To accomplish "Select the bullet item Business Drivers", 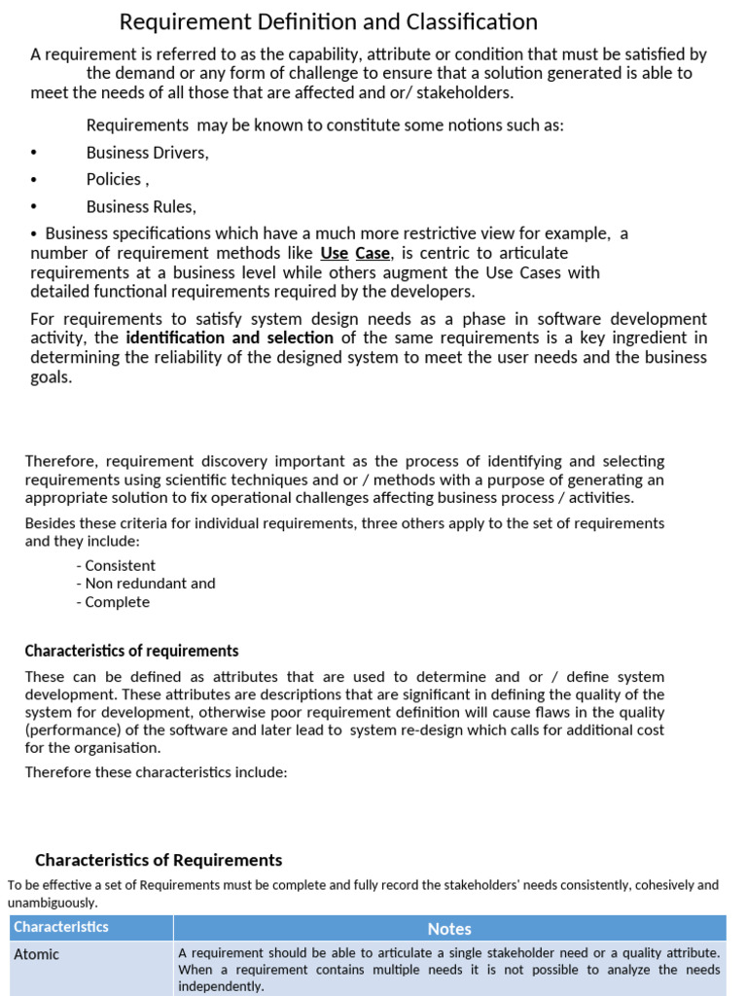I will [147, 153].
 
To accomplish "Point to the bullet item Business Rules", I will [141, 207].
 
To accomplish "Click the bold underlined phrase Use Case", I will [355, 254].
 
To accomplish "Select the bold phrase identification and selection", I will [230, 338].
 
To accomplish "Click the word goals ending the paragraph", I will [50, 377].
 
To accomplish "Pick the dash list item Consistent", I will [119, 566].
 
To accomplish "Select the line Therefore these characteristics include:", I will [156, 772].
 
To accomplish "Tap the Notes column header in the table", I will [448, 929].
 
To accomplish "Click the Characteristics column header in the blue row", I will [61, 927].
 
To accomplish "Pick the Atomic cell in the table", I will [37, 955].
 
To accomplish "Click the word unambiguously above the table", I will [53, 903].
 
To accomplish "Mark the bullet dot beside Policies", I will [34, 180].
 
